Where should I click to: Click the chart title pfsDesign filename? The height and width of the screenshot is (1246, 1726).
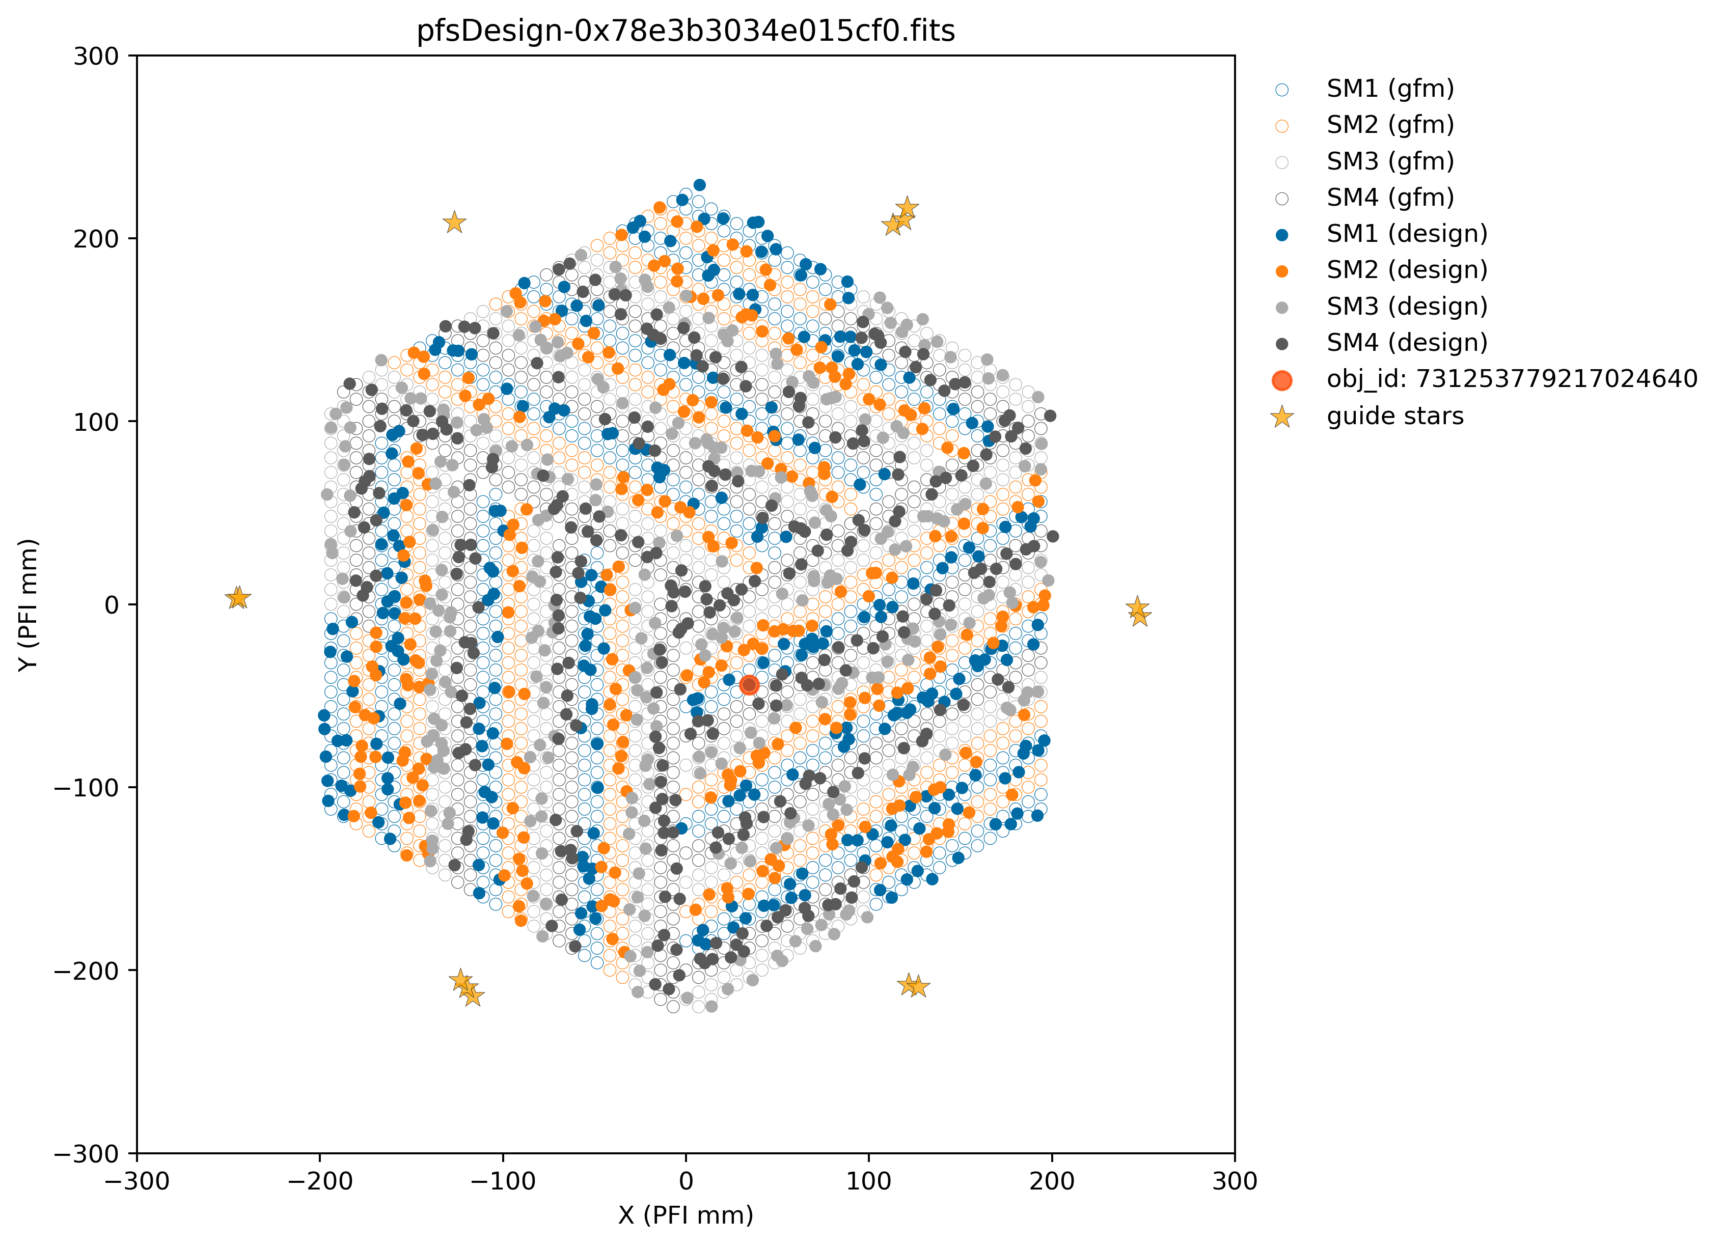(685, 31)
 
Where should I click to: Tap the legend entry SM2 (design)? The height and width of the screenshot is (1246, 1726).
(1406, 270)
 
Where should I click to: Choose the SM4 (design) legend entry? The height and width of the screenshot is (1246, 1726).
(1406, 343)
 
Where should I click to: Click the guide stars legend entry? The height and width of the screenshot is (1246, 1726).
(1394, 416)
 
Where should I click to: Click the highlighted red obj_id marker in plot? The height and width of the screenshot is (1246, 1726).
(749, 685)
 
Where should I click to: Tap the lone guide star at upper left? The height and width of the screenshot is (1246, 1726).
(454, 222)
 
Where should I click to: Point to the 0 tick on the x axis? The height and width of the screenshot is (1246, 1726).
(686, 1181)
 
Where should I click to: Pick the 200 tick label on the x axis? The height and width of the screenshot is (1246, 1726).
(1052, 1181)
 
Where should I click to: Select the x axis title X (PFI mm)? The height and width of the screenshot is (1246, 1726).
(686, 1215)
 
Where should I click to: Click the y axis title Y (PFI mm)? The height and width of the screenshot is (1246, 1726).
(28, 605)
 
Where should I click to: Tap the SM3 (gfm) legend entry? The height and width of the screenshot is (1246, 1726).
(1390, 161)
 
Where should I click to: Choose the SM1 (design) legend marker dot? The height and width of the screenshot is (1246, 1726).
(1282, 234)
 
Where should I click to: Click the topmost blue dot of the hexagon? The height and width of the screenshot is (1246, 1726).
(699, 185)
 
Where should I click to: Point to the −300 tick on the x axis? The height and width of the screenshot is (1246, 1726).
(137, 1181)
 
